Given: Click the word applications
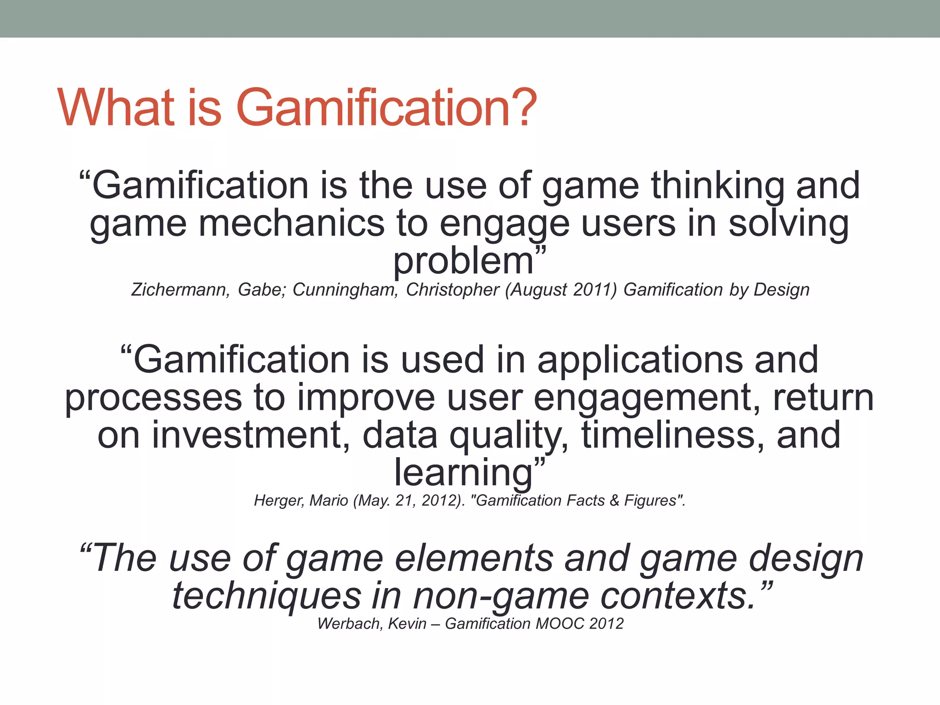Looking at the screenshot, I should pyautogui.click(x=640, y=360).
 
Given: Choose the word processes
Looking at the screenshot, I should pyautogui.click(x=153, y=398).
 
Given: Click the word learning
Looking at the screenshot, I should pyautogui.click(x=464, y=473).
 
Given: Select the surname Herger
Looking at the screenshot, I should pyautogui.click(x=279, y=500).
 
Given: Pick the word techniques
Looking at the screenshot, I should pyautogui.click(x=267, y=596).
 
